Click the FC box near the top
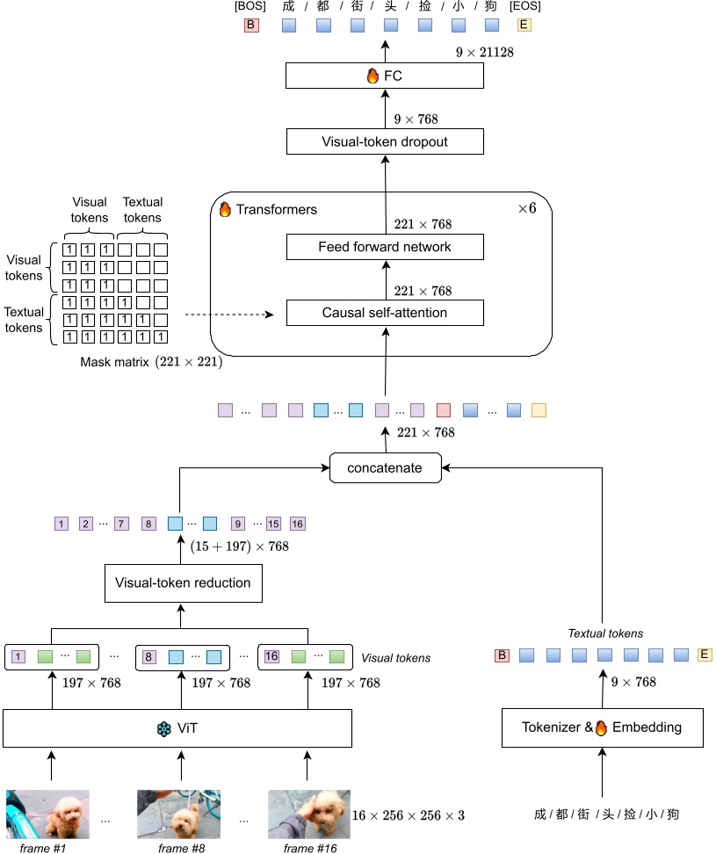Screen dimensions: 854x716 point(385,76)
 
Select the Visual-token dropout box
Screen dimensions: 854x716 point(385,141)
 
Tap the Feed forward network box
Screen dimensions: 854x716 point(385,247)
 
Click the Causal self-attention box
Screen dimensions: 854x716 point(385,313)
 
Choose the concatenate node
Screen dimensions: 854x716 point(385,467)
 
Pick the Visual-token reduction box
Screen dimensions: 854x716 point(183,583)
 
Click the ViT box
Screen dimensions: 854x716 point(177,728)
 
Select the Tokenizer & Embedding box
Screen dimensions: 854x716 point(602,727)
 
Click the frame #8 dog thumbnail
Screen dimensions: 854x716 point(178,814)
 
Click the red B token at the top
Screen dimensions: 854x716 point(251,25)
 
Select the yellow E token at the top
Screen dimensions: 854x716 point(524,25)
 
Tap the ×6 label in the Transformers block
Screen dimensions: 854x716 point(526,209)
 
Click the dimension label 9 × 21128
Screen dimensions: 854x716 point(484,53)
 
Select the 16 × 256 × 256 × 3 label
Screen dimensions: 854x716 point(408,815)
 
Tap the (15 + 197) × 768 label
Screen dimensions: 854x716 point(240,546)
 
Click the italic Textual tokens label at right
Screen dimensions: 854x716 point(605,633)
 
